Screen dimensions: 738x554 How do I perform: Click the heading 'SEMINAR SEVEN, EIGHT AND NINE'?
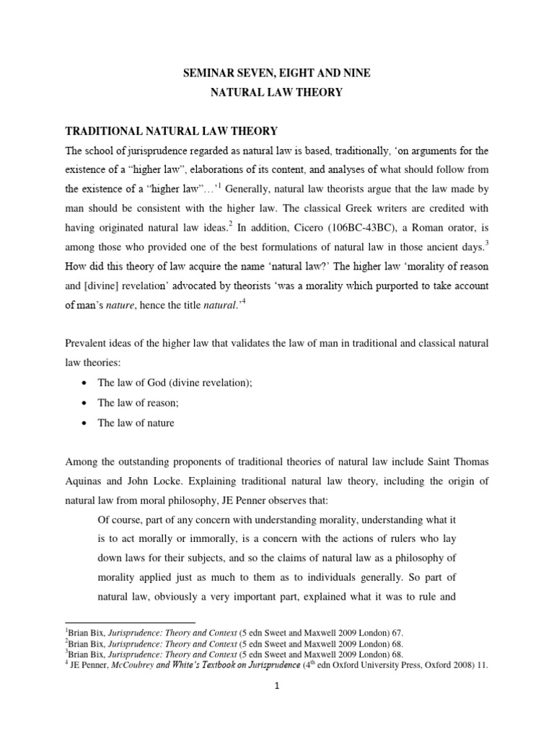tap(277, 72)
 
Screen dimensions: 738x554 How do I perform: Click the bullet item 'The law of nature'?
tap(136, 423)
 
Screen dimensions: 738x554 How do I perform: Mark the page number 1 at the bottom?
tap(277, 705)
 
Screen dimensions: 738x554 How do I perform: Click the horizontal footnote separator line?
tap(130, 621)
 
